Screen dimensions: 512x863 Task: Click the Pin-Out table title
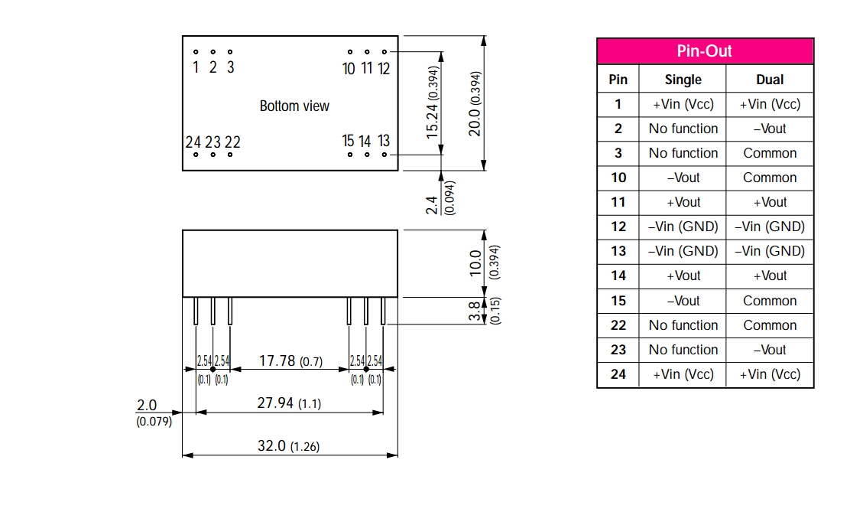tap(704, 51)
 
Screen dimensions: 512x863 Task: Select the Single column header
tap(683, 80)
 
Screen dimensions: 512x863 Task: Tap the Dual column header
tap(770, 80)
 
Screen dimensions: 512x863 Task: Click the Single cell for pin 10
tap(683, 178)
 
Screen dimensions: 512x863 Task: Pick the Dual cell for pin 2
tap(770, 129)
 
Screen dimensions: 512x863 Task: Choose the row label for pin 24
tap(618, 374)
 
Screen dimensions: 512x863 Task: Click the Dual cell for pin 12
tap(770, 227)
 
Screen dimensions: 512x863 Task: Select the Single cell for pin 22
tap(683, 325)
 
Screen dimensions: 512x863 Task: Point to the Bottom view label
tap(294, 106)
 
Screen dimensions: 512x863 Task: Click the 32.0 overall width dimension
tap(271, 445)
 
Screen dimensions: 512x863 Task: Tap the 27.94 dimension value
tap(274, 403)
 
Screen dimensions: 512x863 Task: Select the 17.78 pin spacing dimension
tap(278, 360)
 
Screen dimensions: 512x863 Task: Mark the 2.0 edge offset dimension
tap(146, 404)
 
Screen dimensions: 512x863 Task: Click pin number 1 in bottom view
tap(196, 67)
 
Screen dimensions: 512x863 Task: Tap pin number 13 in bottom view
tap(384, 141)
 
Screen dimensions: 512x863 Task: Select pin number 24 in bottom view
tap(193, 142)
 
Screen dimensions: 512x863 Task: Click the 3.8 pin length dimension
tap(474, 311)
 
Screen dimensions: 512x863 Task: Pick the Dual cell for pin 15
tap(770, 301)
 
